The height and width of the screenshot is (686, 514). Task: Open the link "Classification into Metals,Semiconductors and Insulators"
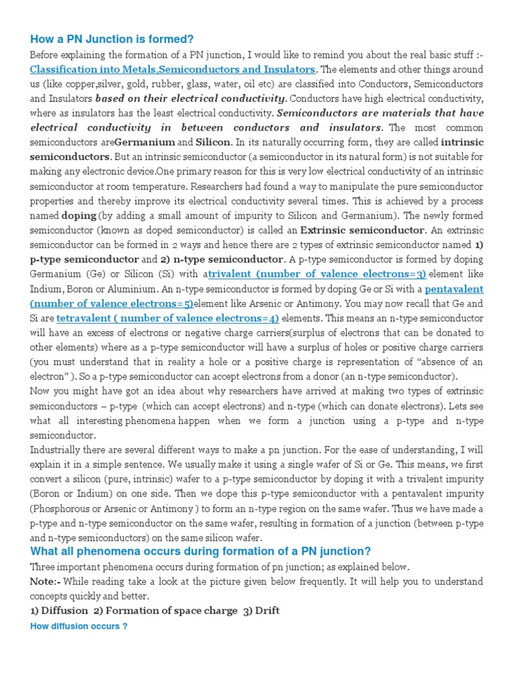click(x=173, y=69)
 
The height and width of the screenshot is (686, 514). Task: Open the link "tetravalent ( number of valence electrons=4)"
click(x=167, y=318)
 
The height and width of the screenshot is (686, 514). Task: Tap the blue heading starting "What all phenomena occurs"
click(x=201, y=551)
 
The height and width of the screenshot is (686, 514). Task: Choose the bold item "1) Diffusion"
click(x=59, y=610)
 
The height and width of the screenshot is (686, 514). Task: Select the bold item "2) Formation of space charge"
click(x=167, y=610)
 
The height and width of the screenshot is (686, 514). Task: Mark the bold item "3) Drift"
click(x=262, y=610)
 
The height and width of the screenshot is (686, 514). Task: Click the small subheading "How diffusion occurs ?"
click(x=79, y=626)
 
